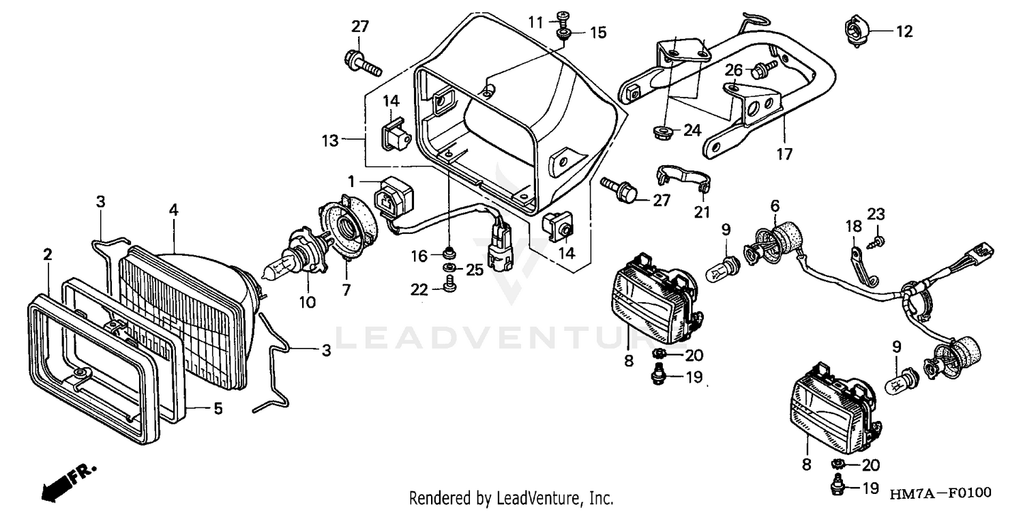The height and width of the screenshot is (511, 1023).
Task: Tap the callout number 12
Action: pyautogui.click(x=904, y=31)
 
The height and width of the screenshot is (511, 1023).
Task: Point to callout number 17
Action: pyautogui.click(x=784, y=154)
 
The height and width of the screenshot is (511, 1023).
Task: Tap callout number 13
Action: pyautogui.click(x=330, y=141)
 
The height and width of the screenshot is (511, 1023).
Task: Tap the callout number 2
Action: pyautogui.click(x=47, y=255)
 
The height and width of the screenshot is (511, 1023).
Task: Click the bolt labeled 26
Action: pyautogui.click(x=763, y=68)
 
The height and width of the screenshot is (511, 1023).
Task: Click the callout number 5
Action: pyautogui.click(x=218, y=409)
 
